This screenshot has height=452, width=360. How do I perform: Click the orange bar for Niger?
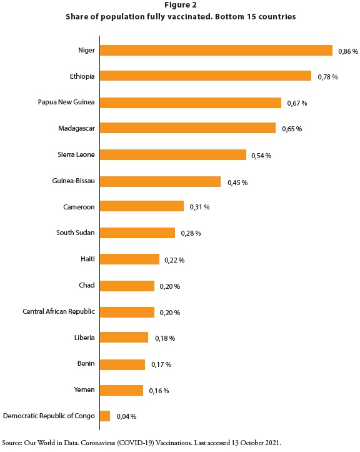216,51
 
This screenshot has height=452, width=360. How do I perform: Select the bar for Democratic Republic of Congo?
105,416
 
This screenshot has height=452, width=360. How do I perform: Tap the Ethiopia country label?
82,76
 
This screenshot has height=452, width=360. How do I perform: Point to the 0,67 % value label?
297,103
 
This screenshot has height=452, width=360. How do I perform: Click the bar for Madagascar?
187,128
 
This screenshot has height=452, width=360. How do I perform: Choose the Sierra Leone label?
76,154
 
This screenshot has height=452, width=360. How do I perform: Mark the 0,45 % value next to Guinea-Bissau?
237,183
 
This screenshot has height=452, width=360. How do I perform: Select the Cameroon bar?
142,206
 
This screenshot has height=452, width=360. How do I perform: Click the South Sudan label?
75,233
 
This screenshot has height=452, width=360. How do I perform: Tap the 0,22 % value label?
174,260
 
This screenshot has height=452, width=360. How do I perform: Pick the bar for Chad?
127,286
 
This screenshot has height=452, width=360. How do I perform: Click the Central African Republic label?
59,311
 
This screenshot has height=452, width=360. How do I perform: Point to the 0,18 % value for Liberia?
165,338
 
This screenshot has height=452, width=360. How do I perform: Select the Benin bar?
122,364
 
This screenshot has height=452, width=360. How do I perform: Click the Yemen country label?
84,389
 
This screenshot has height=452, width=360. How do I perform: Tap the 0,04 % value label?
126,416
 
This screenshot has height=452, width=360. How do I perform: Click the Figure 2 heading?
181,5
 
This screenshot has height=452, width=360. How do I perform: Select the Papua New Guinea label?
66,102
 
